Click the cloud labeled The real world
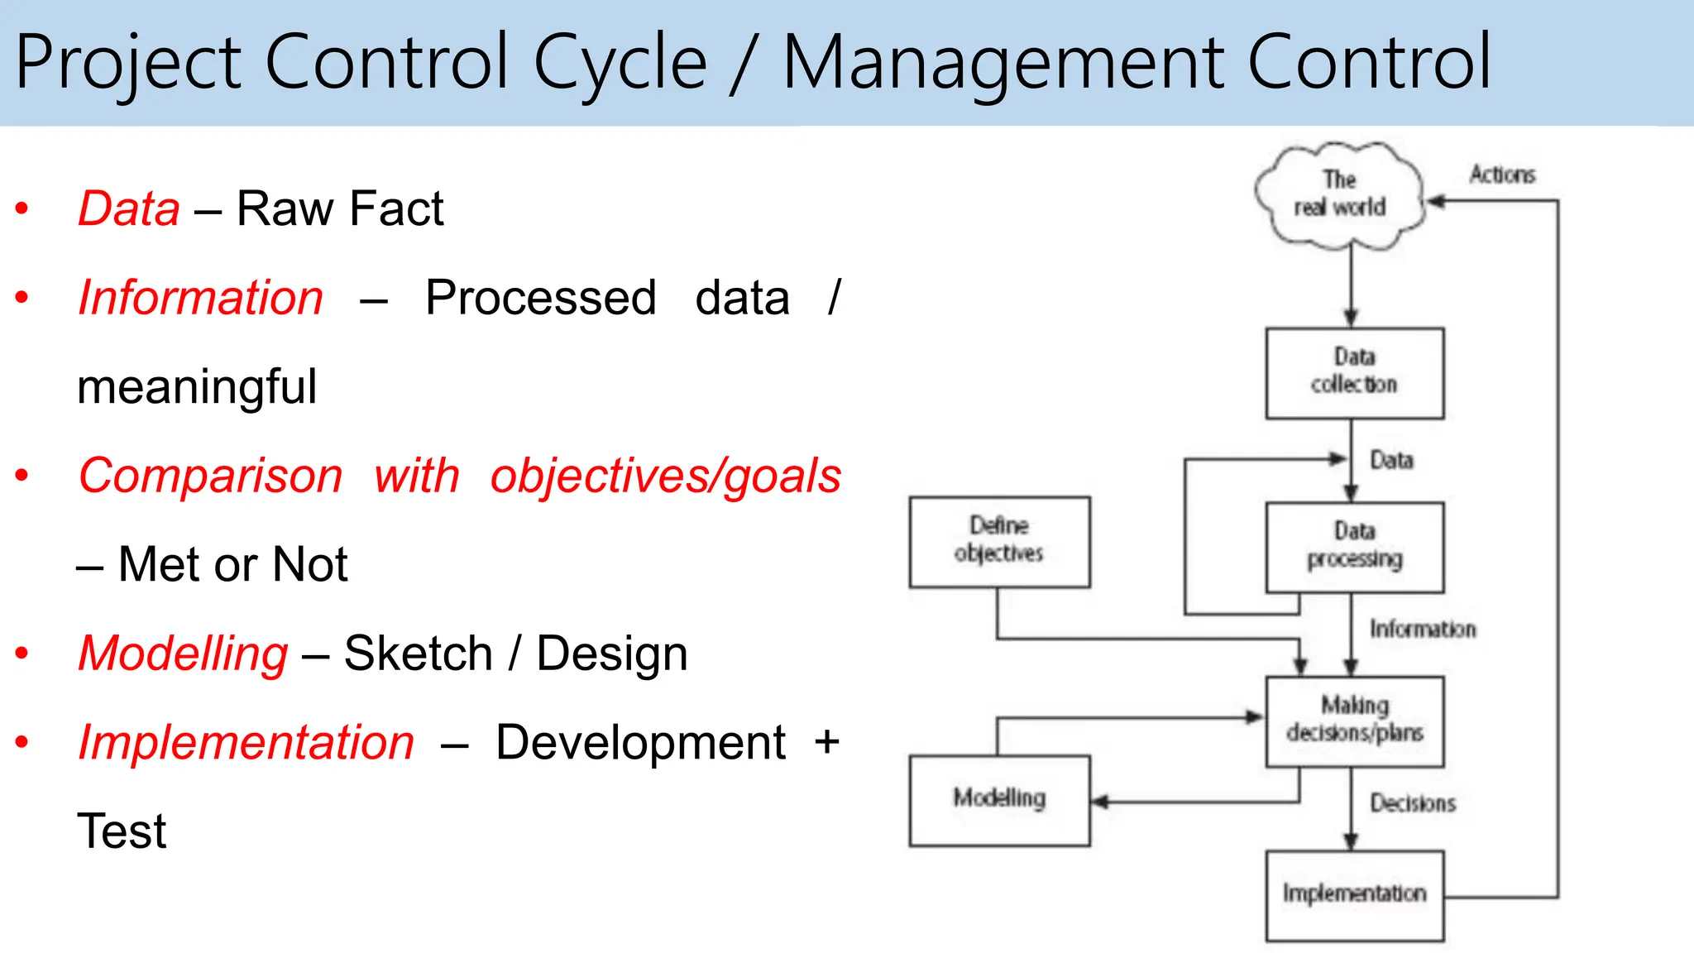click(1339, 194)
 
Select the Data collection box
click(1354, 372)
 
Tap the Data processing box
click(1354, 546)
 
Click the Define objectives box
click(999, 541)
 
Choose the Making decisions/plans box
click(1354, 721)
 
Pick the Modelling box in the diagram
click(999, 799)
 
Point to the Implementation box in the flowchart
click(1354, 894)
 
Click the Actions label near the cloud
click(1502, 175)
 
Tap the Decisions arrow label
click(1412, 803)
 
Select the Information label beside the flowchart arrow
click(1422, 630)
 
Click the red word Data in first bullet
click(129, 208)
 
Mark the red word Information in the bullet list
click(200, 298)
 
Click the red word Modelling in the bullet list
click(183, 654)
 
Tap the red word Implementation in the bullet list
click(246, 742)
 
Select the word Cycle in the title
click(620, 63)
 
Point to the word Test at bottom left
click(122, 831)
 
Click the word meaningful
click(197, 387)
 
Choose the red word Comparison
click(210, 476)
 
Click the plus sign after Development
click(826, 742)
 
